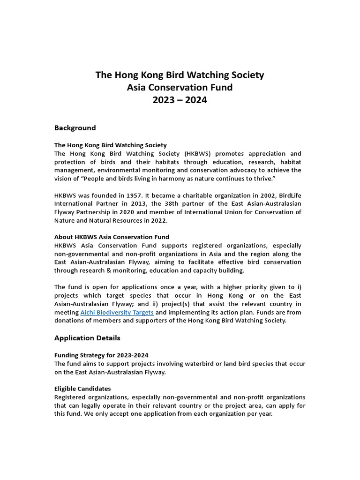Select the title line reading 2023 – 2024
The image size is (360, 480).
(x=180, y=100)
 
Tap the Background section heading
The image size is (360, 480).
(x=75, y=128)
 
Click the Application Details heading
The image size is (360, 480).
(x=87, y=338)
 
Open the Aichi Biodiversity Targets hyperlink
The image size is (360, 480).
(x=117, y=313)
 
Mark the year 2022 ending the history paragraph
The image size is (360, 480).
(x=157, y=220)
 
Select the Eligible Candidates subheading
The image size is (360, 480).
(x=82, y=389)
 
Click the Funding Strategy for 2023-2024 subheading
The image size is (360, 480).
(x=101, y=355)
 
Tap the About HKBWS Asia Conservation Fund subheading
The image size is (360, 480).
(x=112, y=237)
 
